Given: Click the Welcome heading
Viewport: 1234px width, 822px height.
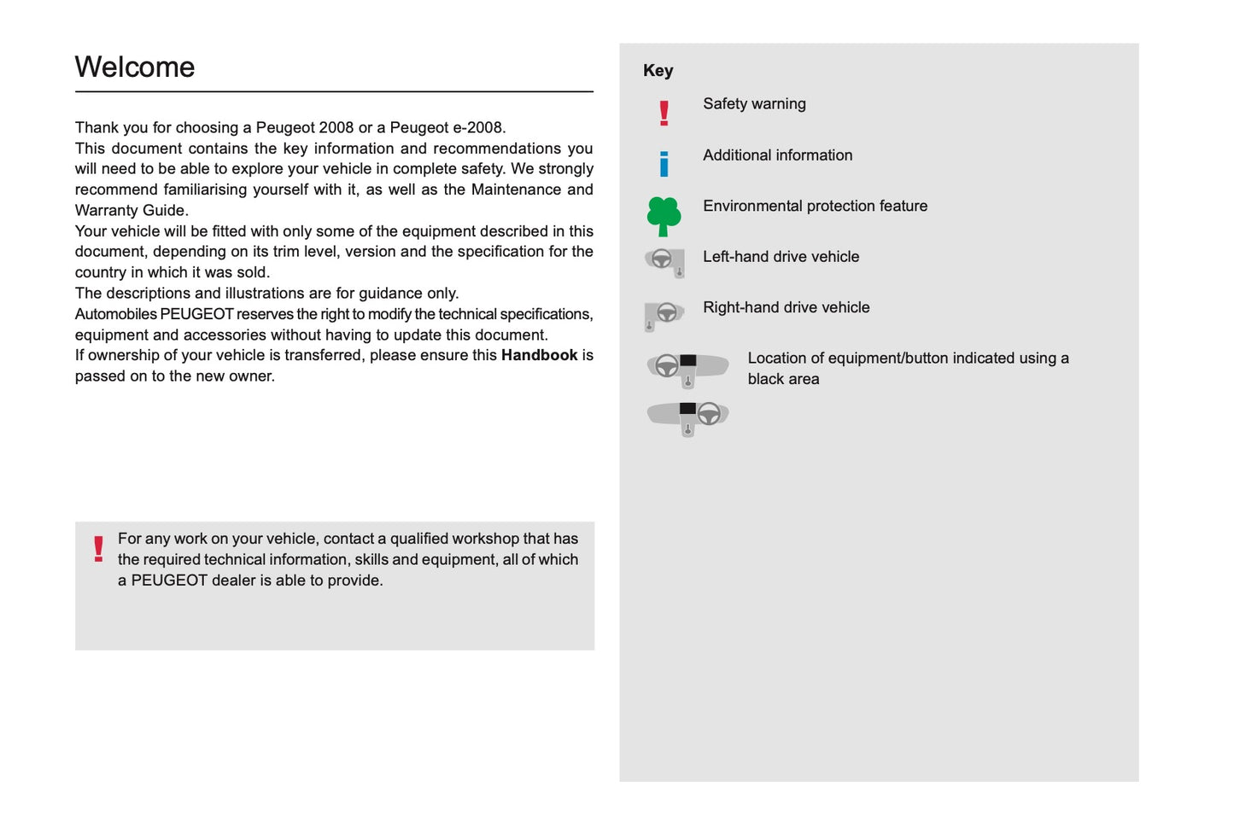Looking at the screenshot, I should (135, 67).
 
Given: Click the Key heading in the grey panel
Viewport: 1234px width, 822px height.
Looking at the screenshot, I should (658, 71).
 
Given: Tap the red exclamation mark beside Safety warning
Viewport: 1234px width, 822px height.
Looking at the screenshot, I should (664, 113).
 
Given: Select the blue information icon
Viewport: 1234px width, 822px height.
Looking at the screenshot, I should (664, 163).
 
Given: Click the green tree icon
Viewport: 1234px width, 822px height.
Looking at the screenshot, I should (664, 216).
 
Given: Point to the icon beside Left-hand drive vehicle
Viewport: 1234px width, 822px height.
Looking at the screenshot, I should (664, 261).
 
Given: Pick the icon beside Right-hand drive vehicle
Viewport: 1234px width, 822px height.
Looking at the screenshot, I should (664, 314).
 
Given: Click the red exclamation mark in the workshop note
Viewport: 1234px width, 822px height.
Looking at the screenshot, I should (98, 549).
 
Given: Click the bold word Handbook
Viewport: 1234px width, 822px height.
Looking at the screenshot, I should (539, 355).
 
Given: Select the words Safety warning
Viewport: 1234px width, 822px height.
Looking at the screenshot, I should (754, 104).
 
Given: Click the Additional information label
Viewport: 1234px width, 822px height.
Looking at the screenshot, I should (777, 155).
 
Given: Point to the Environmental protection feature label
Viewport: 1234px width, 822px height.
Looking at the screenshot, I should (815, 206).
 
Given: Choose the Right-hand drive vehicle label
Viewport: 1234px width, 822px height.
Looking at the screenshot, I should (786, 307).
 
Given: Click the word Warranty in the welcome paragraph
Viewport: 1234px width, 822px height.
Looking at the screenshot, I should (104, 211).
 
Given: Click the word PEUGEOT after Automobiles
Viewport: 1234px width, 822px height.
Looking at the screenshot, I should (196, 314).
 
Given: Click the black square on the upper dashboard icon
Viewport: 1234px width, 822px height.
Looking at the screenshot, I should (687, 361).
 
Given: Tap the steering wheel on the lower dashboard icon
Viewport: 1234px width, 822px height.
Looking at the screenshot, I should (709, 414).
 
